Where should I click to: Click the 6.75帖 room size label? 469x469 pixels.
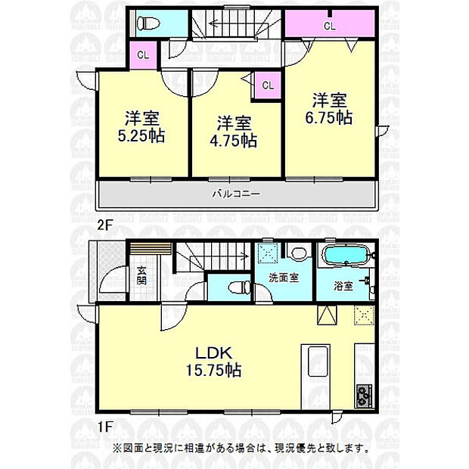[x=329, y=117]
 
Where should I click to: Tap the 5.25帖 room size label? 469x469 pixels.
[x=141, y=136]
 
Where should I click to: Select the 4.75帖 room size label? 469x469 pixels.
[x=233, y=141]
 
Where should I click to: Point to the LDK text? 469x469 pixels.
[x=213, y=353]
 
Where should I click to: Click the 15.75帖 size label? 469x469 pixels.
[x=213, y=371]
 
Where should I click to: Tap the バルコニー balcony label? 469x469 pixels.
[x=236, y=194]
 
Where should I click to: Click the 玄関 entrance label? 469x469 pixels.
[x=141, y=275]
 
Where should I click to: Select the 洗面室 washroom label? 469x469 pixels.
[x=283, y=278]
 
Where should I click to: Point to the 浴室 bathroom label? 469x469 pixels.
[x=343, y=286]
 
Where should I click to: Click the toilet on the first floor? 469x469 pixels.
[x=239, y=287]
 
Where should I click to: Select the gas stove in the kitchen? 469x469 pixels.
[x=363, y=396]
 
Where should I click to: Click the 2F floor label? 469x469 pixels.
[x=104, y=225]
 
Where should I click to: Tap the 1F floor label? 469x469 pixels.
[x=104, y=427]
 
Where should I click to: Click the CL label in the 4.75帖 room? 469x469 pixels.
[x=268, y=85]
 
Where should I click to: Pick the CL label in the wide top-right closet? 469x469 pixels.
[x=330, y=26]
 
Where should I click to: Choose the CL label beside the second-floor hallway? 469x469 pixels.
[x=143, y=55]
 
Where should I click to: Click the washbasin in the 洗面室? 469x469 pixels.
[x=299, y=253]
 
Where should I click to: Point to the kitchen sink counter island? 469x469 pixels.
[x=316, y=377]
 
